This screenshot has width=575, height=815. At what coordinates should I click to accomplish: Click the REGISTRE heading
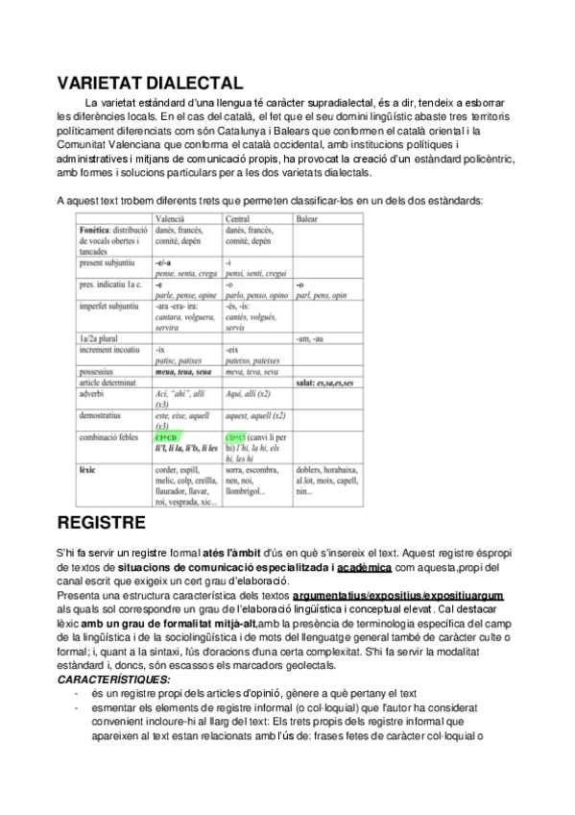pos(101,523)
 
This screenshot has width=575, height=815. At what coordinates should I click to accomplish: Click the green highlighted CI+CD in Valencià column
pos(164,437)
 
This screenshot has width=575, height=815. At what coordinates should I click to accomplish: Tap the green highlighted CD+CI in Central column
pos(235,437)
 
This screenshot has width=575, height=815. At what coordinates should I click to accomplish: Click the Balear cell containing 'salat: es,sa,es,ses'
pos(324,383)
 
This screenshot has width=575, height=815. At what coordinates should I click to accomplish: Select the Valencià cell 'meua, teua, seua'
pos(183,370)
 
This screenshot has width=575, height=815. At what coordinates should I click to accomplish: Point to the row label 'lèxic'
pos(91,470)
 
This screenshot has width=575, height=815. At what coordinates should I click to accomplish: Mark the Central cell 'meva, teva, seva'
pos(252,370)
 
